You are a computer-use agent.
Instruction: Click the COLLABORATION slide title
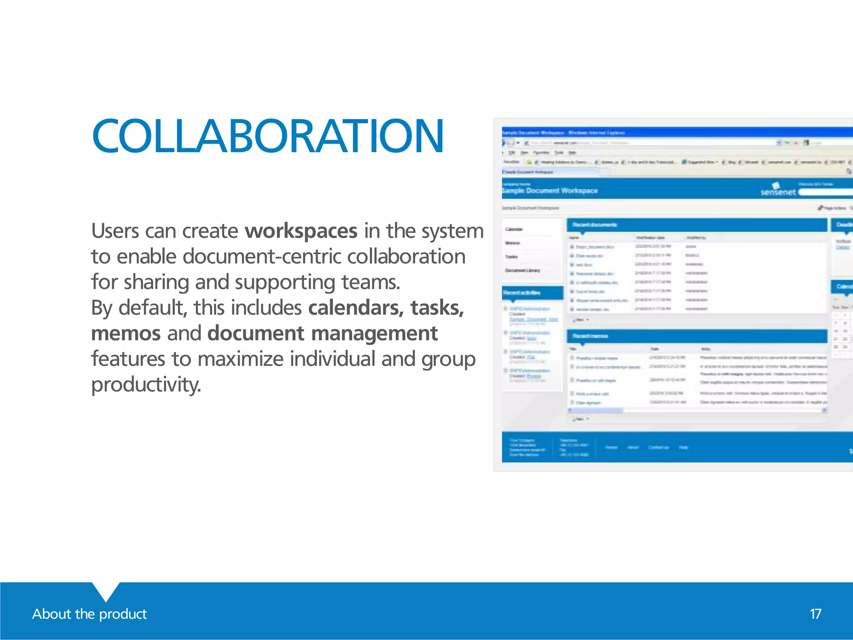tap(268, 136)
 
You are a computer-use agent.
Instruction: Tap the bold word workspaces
tap(301, 231)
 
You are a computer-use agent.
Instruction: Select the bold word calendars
tap(356, 308)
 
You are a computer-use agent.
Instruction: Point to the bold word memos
tap(126, 333)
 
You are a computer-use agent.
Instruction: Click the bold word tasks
tap(437, 308)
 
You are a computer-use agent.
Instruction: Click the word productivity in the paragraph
tap(146, 385)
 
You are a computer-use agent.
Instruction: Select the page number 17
tap(815, 614)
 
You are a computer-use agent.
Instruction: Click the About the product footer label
tap(89, 614)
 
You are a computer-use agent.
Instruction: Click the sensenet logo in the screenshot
tap(778, 190)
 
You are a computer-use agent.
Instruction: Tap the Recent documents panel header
tap(594, 225)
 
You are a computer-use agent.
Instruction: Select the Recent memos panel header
tap(590, 336)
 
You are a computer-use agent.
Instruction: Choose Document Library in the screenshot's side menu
tap(522, 270)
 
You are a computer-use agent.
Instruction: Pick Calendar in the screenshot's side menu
tap(514, 230)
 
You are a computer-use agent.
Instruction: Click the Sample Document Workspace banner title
tap(550, 191)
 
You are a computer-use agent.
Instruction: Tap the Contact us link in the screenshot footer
tap(658, 447)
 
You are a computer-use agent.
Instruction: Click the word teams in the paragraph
tap(370, 282)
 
